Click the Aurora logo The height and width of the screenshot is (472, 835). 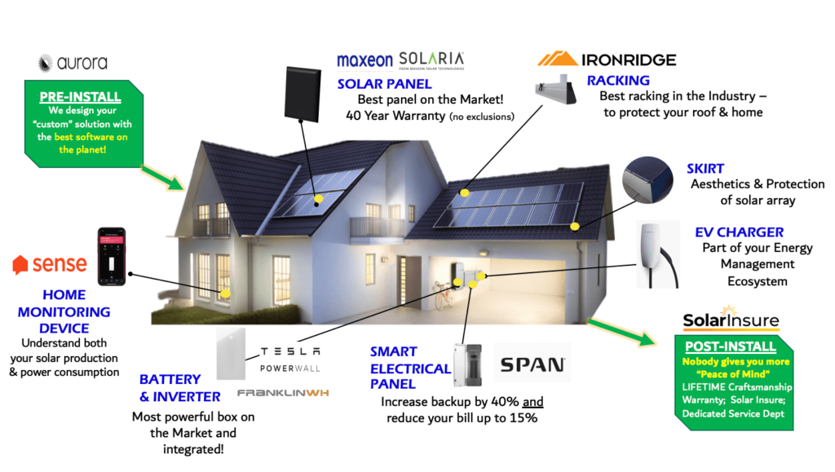click(x=73, y=63)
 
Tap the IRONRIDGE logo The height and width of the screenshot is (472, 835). click(x=607, y=60)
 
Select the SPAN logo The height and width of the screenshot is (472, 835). click(x=532, y=364)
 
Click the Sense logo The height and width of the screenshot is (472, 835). click(x=51, y=264)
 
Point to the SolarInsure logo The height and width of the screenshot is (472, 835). click(x=731, y=319)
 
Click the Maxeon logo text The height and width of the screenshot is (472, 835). click(x=364, y=60)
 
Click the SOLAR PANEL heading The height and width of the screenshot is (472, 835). click(x=385, y=83)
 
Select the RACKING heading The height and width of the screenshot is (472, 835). click(x=618, y=80)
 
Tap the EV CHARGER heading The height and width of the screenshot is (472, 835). click(x=739, y=232)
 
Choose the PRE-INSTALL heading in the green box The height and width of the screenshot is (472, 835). click(x=79, y=97)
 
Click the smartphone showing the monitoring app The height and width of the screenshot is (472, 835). click(x=112, y=257)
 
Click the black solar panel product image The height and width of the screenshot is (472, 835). click(x=302, y=92)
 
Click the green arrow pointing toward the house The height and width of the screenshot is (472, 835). click(x=163, y=174)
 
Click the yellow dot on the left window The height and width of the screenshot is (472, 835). click(x=225, y=292)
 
